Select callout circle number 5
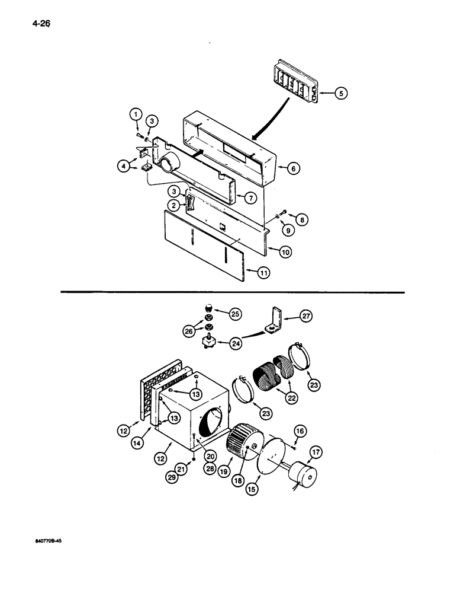click(342, 93)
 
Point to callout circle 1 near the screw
click(135, 114)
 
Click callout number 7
click(251, 197)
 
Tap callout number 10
click(285, 251)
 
